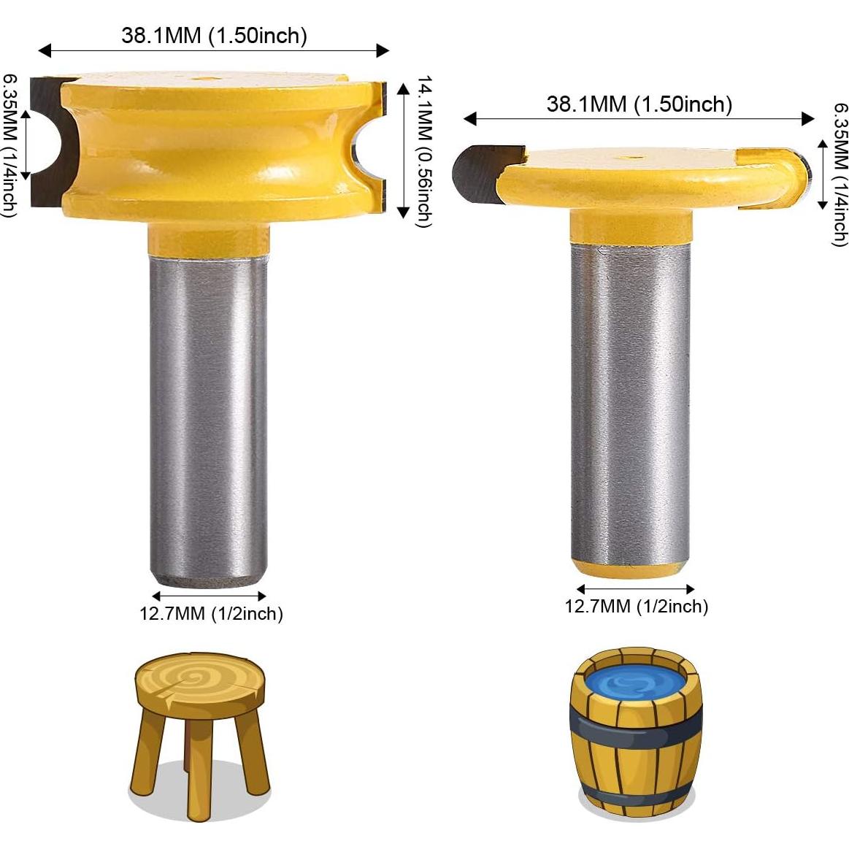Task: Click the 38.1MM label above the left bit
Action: tap(214, 35)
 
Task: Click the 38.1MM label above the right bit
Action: tap(639, 104)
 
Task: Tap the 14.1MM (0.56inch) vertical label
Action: tap(424, 151)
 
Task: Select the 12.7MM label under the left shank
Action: tap(211, 613)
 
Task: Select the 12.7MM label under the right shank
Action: tap(636, 606)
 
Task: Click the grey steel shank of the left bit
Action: tap(208, 416)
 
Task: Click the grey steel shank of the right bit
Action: tap(630, 402)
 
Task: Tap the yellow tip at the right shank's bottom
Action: tap(630, 569)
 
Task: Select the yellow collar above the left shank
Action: tap(207, 238)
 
